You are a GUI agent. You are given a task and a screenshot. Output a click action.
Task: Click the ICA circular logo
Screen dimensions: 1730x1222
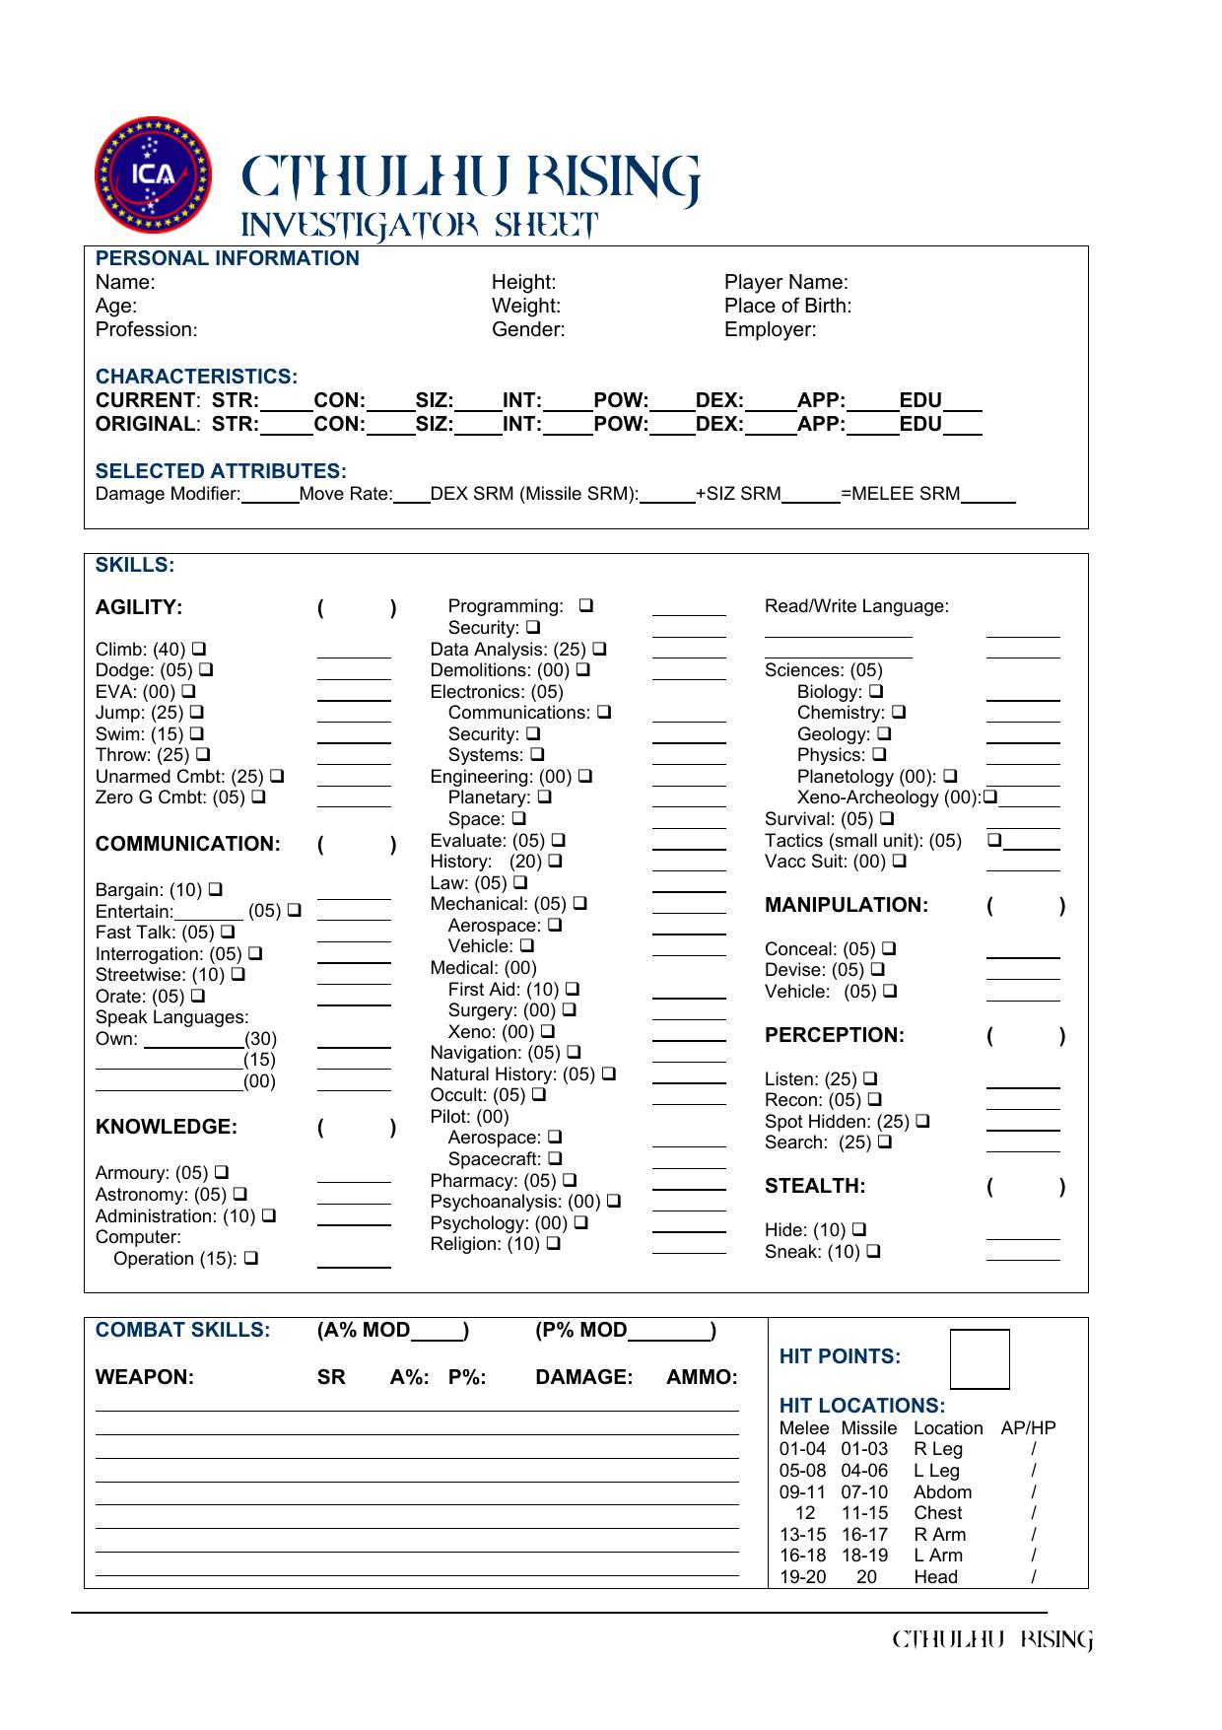click(x=153, y=174)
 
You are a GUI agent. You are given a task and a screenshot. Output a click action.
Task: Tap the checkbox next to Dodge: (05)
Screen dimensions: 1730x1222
click(x=206, y=670)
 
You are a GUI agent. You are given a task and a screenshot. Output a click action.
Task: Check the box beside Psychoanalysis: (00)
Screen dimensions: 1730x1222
click(x=614, y=1202)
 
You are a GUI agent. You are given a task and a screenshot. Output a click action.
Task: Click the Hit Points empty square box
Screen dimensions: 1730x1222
click(x=980, y=1359)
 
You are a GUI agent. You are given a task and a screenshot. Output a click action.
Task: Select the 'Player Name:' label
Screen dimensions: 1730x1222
click(x=785, y=282)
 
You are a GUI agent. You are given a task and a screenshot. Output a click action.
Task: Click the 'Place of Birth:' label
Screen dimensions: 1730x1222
click(x=787, y=306)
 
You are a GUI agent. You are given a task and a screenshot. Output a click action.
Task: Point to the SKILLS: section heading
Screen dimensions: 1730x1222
click(x=134, y=565)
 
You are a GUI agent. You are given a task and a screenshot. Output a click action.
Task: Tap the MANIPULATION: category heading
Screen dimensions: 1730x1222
click(x=846, y=905)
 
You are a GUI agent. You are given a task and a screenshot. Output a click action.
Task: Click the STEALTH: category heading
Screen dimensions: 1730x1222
click(x=814, y=1186)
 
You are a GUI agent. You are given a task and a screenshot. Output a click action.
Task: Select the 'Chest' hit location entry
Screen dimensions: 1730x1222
click(x=937, y=1513)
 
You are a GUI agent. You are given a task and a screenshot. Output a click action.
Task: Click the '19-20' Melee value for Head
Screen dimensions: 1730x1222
click(x=802, y=1577)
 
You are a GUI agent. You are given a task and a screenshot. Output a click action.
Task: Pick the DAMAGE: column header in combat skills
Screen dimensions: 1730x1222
click(x=583, y=1377)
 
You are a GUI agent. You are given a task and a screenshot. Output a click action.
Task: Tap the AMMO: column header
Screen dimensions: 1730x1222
click(x=702, y=1377)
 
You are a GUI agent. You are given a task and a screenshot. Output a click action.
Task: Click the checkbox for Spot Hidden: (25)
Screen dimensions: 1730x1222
click(x=922, y=1121)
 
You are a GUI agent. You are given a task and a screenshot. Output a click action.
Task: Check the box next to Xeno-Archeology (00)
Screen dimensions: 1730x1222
click(x=989, y=796)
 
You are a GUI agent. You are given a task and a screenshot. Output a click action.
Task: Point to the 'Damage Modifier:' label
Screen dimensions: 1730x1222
click(x=168, y=494)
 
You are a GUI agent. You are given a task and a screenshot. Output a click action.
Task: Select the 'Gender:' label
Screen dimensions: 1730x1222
click(x=528, y=329)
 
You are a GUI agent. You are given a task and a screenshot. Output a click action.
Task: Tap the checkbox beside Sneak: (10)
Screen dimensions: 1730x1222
click(x=873, y=1252)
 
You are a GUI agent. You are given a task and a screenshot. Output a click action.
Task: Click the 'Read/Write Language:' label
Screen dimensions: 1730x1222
click(x=856, y=606)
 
